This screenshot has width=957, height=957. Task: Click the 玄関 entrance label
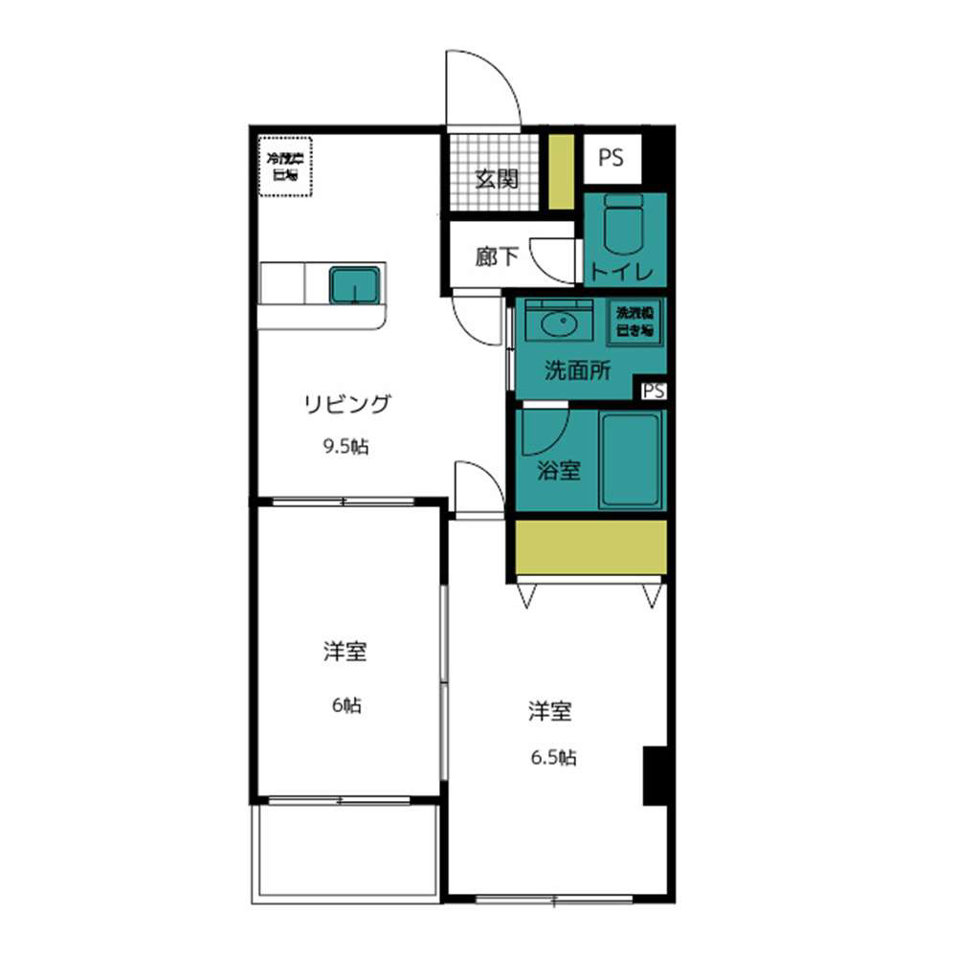[x=497, y=179]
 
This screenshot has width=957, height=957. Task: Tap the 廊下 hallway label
[x=497, y=256]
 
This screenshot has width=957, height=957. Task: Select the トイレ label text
[x=622, y=272]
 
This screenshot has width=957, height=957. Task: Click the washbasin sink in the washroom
[x=562, y=323]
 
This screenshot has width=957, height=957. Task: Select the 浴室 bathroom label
[x=559, y=470]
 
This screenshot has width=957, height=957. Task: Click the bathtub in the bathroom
[x=630, y=461]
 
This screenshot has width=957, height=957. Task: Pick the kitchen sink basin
[x=354, y=285]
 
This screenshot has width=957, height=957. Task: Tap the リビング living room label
[x=347, y=404]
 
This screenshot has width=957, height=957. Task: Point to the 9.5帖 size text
[x=345, y=446]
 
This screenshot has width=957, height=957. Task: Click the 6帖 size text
[x=346, y=706]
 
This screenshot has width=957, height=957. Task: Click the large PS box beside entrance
[x=612, y=158]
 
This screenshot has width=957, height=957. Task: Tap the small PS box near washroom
[x=654, y=390]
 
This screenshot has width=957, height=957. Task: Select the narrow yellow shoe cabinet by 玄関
[x=561, y=172]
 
